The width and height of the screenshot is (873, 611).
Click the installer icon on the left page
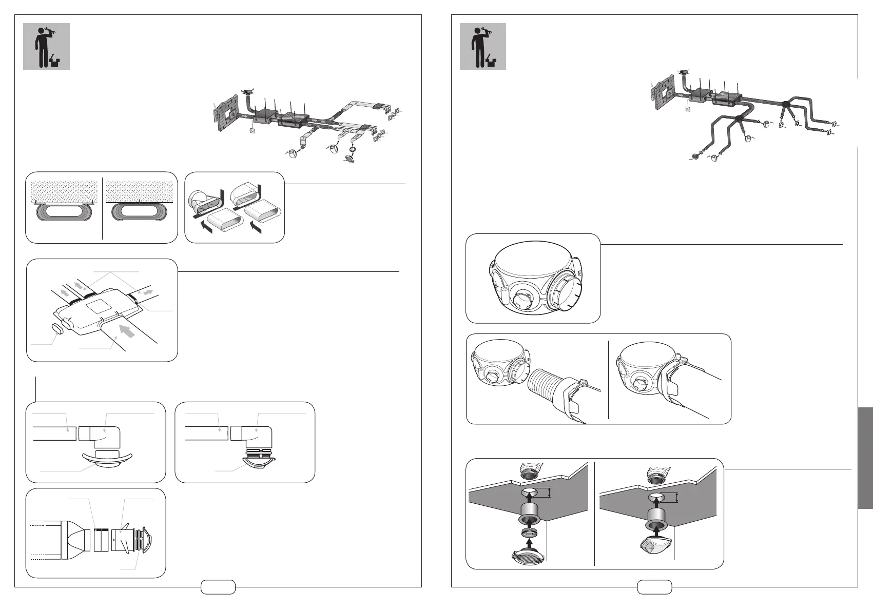click(46, 46)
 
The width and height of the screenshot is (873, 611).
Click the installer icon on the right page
click(482, 46)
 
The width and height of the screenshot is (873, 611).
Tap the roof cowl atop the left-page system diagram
click(248, 92)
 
